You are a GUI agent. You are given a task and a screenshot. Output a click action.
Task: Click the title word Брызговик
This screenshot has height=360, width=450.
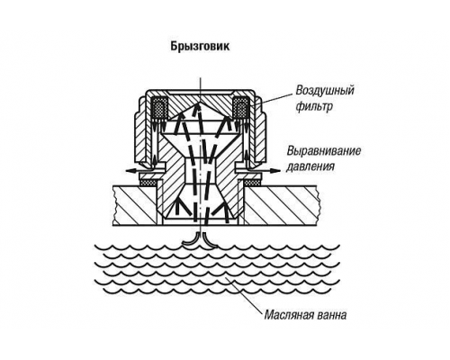200,47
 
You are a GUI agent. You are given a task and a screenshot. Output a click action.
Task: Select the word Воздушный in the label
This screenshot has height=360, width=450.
325,90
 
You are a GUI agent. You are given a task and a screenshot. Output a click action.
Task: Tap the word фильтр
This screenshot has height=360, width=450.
314,106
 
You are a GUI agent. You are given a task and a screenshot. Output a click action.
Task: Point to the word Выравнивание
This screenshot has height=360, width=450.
324,150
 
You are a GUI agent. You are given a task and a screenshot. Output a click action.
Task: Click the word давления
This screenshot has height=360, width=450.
310,166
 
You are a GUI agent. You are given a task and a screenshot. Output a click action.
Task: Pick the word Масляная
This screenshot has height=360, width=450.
289,316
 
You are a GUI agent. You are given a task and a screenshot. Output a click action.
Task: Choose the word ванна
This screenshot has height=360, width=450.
332,316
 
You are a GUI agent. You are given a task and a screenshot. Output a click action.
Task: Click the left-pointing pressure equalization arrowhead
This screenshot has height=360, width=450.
130,170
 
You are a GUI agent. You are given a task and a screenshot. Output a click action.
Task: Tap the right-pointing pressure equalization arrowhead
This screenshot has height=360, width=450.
275,170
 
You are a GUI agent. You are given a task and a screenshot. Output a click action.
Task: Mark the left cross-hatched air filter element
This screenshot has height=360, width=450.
159,107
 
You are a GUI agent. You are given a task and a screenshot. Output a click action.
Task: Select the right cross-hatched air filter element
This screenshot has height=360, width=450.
240,107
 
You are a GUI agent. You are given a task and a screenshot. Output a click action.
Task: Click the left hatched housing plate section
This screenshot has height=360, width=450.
135,206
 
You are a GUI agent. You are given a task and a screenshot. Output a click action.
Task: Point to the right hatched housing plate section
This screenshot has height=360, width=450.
280,206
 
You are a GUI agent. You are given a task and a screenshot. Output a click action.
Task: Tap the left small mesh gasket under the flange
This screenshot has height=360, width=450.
148,183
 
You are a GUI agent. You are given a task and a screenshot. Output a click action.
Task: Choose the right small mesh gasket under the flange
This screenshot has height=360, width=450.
253,183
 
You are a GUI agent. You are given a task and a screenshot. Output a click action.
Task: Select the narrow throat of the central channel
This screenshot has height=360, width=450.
200,169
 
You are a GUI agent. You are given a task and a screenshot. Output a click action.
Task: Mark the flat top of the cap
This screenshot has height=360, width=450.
200,91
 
